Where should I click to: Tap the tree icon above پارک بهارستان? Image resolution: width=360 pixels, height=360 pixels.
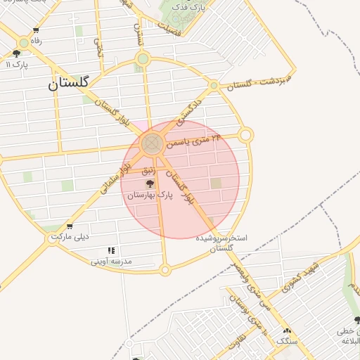click(149, 183)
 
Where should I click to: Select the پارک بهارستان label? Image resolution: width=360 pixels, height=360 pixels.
click(150, 193)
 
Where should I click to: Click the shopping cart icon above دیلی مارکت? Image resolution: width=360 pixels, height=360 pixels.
click(69, 226)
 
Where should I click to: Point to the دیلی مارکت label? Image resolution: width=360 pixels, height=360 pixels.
click(69, 237)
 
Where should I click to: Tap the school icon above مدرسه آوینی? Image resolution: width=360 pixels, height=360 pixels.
click(111, 250)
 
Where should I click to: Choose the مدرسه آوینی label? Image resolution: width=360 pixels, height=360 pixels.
click(111, 261)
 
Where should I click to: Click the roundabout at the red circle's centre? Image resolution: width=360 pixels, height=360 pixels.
click(151, 144)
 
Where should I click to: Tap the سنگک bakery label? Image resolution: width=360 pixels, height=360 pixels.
click(286, 341)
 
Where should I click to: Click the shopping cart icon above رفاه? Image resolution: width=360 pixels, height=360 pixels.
click(36, 30)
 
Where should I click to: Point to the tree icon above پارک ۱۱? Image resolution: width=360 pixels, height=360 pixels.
click(17, 53)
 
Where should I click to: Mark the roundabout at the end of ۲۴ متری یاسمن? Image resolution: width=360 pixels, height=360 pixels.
click(245, 134)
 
